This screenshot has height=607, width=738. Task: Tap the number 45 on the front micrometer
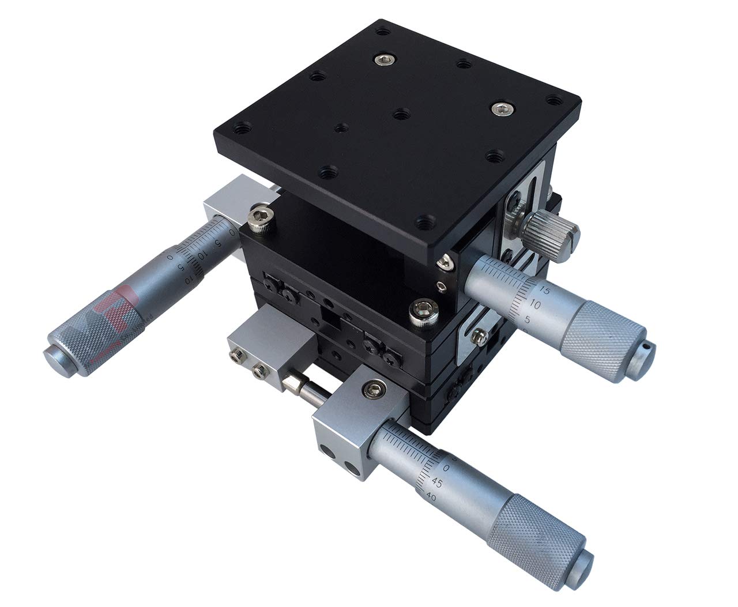436,482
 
